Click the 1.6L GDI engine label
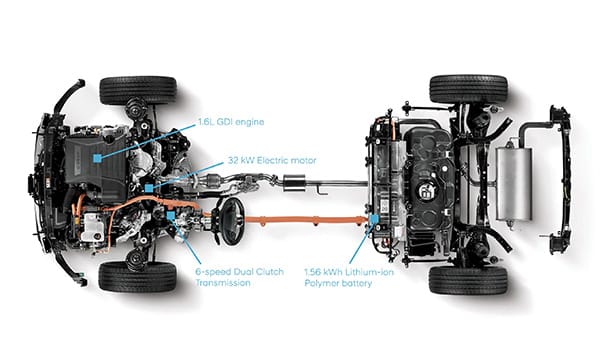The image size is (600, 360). coord(231,122)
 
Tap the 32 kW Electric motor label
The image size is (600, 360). coord(272,160)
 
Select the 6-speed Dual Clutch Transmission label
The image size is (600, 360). coord(240,277)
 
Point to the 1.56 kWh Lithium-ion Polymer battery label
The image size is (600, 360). coord(349,278)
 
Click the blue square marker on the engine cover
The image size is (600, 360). coord(98,158)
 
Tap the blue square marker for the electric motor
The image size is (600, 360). coord(149,188)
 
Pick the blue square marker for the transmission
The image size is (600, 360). coord(171,216)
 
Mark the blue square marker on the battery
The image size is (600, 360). coord(374,219)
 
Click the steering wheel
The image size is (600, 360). coord(232,221)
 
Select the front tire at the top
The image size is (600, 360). coord(138,91)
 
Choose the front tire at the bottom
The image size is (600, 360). coord(138,276)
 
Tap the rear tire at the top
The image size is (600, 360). coord(468,89)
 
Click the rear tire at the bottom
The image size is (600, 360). coord(468,280)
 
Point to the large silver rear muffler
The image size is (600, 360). coord(514,184)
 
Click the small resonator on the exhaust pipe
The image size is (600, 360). coord(294,183)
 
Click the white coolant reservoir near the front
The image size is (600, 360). coord(92,227)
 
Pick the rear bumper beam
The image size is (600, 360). coord(561,180)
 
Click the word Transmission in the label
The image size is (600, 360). coord(223,283)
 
